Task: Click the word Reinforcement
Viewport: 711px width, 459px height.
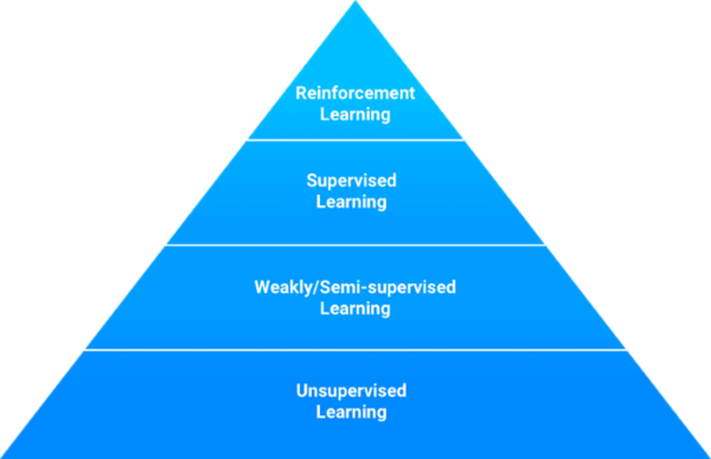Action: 355,93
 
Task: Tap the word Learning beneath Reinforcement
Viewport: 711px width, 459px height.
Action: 355,115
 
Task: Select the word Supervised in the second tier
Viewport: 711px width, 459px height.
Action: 352,180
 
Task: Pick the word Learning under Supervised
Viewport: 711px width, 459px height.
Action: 352,202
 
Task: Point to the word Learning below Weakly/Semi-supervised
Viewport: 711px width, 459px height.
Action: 355,308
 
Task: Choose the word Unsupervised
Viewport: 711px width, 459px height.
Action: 352,391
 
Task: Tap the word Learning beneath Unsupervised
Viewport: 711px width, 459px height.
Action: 352,412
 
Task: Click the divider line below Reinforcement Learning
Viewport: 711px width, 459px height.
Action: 355,140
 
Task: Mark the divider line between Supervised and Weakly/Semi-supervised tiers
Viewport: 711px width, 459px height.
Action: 355,244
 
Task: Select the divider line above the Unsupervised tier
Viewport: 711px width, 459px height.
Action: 355,349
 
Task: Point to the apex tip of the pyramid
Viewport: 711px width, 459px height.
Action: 355,3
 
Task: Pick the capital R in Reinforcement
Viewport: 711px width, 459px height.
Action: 301,93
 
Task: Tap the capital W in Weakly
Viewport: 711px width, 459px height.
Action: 262,287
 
